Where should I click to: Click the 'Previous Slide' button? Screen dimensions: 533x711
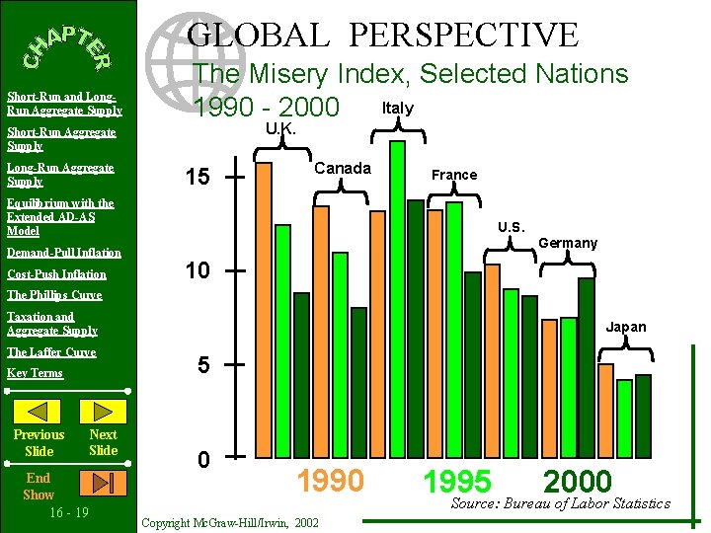[39, 442]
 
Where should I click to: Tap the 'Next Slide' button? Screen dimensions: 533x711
[103, 442]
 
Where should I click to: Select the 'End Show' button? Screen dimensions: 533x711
[39, 486]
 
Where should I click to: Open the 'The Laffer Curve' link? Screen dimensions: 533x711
[51, 352]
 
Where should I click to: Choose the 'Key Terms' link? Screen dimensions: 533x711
[35, 373]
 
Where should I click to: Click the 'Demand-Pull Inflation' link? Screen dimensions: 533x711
[64, 253]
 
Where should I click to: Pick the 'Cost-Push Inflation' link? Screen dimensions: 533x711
[56, 274]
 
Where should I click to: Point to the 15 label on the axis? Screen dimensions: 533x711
[197, 178]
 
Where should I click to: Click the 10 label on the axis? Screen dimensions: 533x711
[197, 270]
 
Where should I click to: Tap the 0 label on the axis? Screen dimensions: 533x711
[202, 460]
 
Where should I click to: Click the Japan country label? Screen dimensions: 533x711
[626, 327]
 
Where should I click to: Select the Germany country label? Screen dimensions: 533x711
[568, 243]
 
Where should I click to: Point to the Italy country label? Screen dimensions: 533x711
[397, 108]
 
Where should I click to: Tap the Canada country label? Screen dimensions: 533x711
[343, 168]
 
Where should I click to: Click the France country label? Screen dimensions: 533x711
[454, 175]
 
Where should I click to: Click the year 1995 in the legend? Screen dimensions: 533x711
[457, 482]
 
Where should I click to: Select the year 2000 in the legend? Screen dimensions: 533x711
[578, 482]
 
